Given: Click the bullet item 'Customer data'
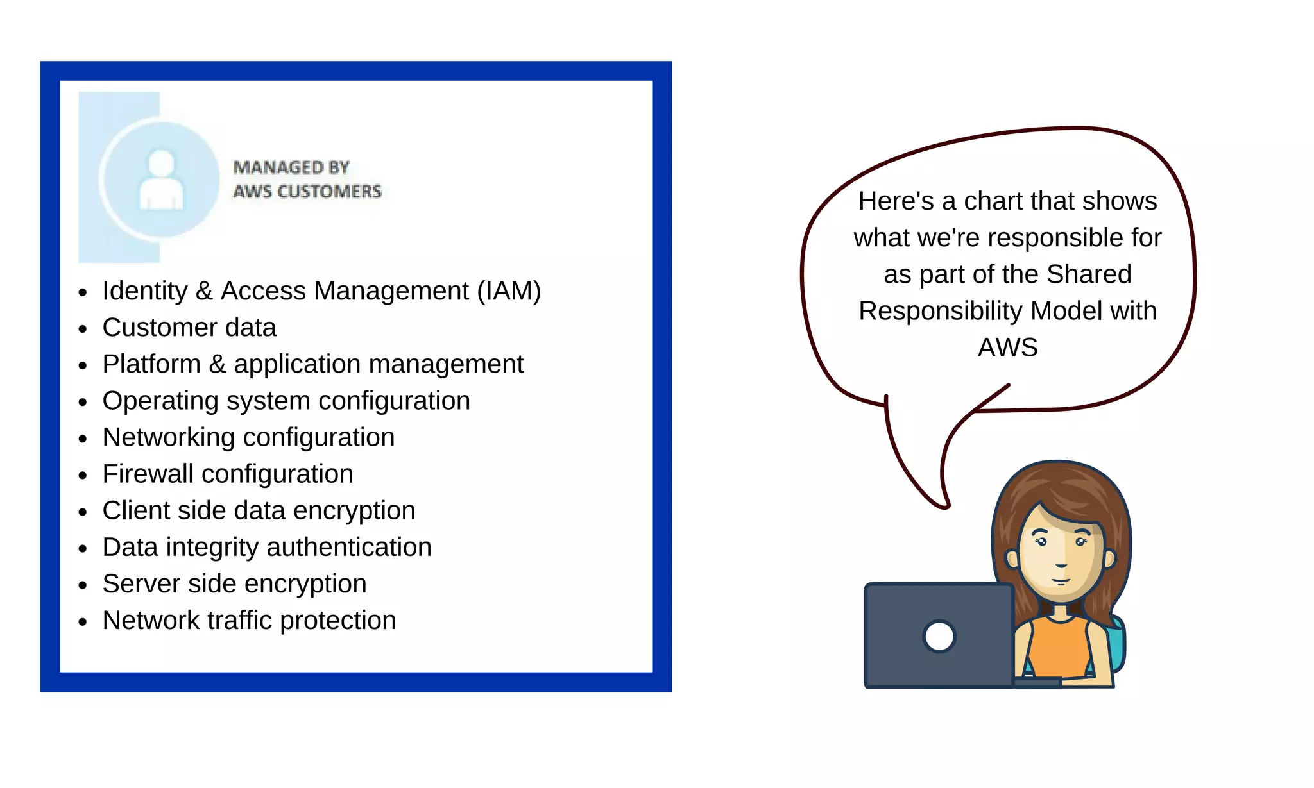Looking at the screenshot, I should coord(189,328).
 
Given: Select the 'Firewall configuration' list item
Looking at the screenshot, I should coord(228,474).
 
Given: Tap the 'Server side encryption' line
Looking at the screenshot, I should coord(234,583).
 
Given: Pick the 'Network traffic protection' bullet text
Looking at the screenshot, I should coord(249,620).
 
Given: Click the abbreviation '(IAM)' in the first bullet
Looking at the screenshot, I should coord(509,291).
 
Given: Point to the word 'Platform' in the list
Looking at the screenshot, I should coord(151,364).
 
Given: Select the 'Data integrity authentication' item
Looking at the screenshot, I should coord(267,547).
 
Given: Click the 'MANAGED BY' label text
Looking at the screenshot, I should coord(291,168).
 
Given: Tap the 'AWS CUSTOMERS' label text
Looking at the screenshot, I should coord(307,192).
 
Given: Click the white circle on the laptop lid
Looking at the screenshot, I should coord(939,637).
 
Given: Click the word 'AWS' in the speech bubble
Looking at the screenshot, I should coord(1007,348).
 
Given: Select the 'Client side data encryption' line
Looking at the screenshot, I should coord(259,510).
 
